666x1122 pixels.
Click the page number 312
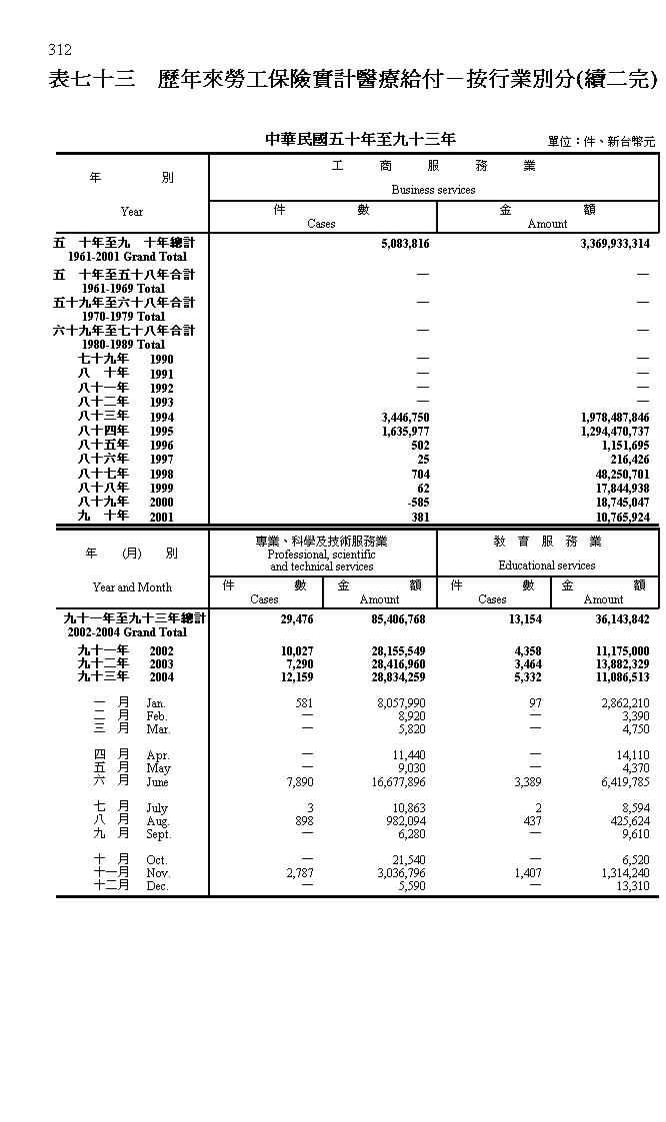60,50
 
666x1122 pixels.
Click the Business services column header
433,190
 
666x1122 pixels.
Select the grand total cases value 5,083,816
405,243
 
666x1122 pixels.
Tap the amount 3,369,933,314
614,243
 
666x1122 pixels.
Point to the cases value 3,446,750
405,417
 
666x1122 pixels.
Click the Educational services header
547,565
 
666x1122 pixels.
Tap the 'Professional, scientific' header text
321,554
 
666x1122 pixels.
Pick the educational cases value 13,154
521,618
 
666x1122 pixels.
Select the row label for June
130,782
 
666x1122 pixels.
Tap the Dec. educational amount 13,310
632,886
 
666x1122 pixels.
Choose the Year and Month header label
132,587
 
